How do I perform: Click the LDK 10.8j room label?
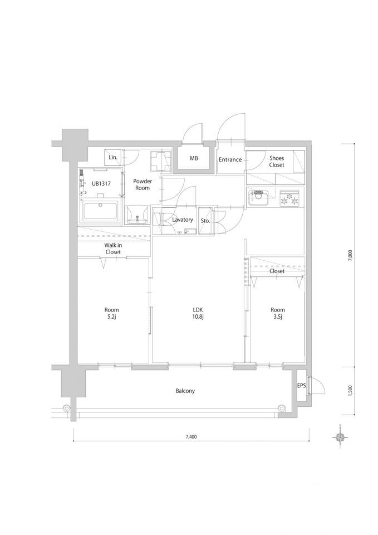tap(198, 313)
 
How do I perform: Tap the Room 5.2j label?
tap(111, 313)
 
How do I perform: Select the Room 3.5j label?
tap(278, 313)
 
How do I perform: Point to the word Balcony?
tap(185, 391)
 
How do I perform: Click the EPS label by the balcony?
tap(302, 386)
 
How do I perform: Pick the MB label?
tap(194, 158)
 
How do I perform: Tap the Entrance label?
tap(230, 159)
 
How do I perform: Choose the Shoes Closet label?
tap(277, 162)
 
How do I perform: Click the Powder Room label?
tap(143, 184)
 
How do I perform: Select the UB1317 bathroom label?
tap(101, 183)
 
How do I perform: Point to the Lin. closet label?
tap(113, 158)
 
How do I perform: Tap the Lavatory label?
tap(183, 220)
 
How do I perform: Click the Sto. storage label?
tap(205, 221)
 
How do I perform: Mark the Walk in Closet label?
tap(113, 249)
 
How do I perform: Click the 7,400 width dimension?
tap(191, 437)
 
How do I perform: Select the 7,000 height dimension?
tap(350, 255)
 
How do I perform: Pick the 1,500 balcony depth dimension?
tap(350, 390)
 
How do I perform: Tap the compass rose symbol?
tap(340, 437)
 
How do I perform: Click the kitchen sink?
tap(258, 197)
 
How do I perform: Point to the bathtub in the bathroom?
tap(101, 212)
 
